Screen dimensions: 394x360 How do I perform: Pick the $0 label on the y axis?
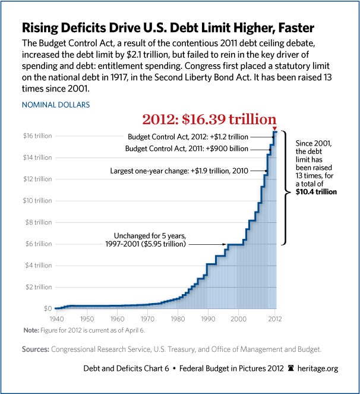[46, 308]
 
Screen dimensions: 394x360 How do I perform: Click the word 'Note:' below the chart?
[30, 330]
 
